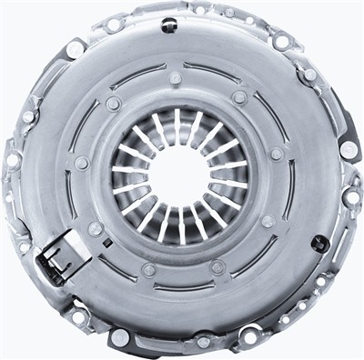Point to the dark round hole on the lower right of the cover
[x=318, y=244]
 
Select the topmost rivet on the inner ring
[x=176, y=86]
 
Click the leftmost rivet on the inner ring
[x=81, y=164]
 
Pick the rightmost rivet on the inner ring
[x=276, y=154]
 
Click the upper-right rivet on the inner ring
[x=239, y=96]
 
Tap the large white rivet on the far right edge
[x=349, y=148]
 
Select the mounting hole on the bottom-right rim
[x=248, y=336]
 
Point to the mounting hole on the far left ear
[x=13, y=160]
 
